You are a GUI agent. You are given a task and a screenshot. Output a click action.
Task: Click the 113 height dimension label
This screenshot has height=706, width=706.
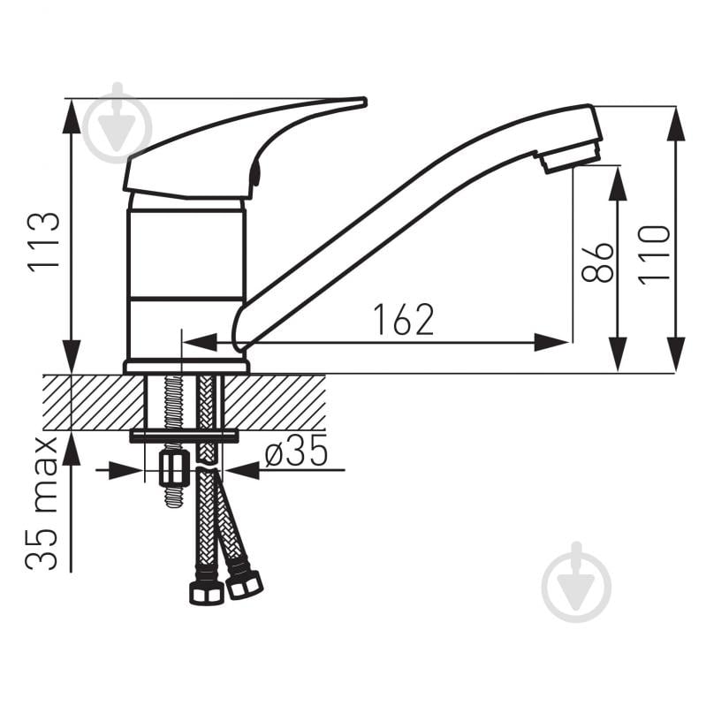[43, 243]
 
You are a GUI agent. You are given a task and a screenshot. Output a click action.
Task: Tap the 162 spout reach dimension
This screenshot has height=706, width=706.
[405, 320]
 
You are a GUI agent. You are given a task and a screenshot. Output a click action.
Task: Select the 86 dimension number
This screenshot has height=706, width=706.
[597, 263]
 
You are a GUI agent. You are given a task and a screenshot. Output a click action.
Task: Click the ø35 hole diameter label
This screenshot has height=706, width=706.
[296, 451]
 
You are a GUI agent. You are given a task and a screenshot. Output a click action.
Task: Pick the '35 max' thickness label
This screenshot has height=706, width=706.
[42, 504]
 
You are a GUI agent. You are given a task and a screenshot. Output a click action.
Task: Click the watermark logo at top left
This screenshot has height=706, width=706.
[118, 123]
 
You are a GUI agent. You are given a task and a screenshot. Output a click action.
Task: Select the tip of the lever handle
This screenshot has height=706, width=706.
[362, 102]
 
